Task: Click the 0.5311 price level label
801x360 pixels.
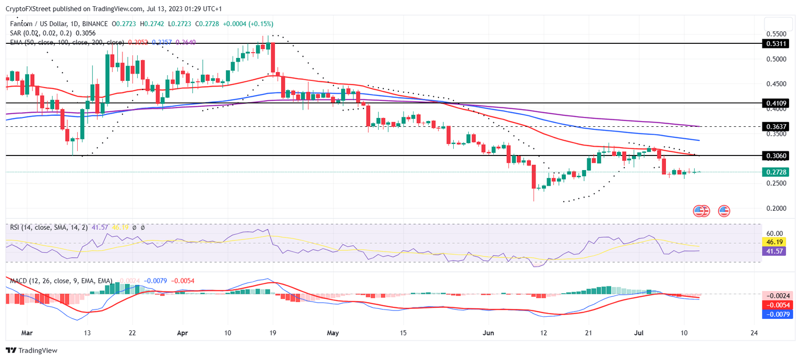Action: pyautogui.click(x=776, y=44)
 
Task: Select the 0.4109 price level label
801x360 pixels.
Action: pyautogui.click(x=776, y=103)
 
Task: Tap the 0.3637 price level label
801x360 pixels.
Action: pyautogui.click(x=776, y=127)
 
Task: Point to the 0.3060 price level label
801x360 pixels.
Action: pyautogui.click(x=776, y=156)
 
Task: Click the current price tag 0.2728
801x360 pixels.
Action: pyautogui.click(x=776, y=172)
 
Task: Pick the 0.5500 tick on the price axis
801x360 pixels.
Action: pyautogui.click(x=776, y=34)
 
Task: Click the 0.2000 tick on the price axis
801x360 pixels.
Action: pyautogui.click(x=776, y=209)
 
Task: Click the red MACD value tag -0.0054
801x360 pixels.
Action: pyautogui.click(x=778, y=305)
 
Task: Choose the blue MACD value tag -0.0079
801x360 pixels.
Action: pyautogui.click(x=778, y=314)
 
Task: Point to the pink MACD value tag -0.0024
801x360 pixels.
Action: pyautogui.click(x=778, y=295)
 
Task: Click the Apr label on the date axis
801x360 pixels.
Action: pyautogui.click(x=183, y=332)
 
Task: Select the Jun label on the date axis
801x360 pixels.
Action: pyautogui.click(x=488, y=332)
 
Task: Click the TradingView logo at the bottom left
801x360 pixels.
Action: pyautogui.click(x=31, y=351)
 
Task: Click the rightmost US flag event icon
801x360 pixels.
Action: pyautogui.click(x=724, y=211)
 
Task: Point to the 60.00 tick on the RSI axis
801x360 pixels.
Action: pyautogui.click(x=775, y=233)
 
